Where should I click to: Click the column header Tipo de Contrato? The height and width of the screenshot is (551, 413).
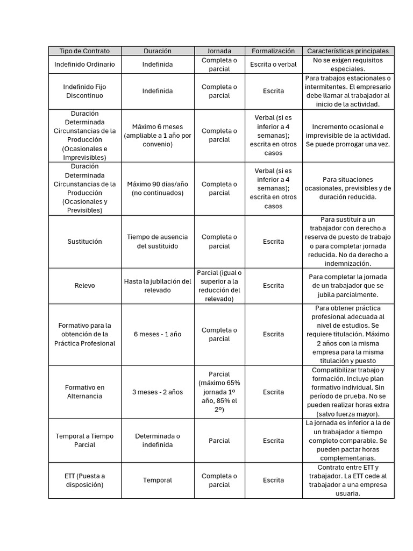coord(85,51)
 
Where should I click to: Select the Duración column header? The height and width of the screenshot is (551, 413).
coord(158,51)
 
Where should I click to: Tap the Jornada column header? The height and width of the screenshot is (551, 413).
coord(219,51)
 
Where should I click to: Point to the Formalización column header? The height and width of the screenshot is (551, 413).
coord(273,51)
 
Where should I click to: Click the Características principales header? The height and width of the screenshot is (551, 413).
coord(348,51)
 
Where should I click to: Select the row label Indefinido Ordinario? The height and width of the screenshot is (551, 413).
coord(85,65)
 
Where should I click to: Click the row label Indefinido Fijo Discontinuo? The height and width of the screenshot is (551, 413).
coord(85,91)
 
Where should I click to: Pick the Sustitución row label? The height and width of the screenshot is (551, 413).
coord(85,242)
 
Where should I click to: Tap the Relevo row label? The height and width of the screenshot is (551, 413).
coord(85,286)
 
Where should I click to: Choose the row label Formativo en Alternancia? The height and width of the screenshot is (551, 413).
coord(85,392)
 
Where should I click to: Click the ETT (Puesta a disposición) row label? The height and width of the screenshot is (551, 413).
coord(85,480)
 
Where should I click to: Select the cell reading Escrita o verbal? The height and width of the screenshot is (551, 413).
coord(273,65)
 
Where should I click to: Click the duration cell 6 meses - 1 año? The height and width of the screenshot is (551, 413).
coord(158,334)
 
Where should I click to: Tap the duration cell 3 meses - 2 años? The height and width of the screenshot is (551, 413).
coord(158,392)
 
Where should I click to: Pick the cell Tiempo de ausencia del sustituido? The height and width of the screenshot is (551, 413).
coord(158,242)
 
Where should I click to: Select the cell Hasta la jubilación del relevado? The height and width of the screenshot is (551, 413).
coord(158,286)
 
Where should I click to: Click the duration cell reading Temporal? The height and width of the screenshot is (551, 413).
coord(158,480)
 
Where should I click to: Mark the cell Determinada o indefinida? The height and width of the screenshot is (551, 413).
coord(158,441)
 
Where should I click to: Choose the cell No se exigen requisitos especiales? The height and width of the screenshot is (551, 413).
coord(348,65)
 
